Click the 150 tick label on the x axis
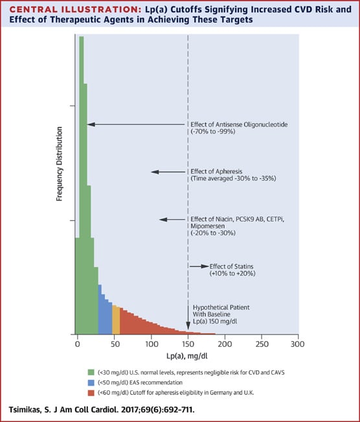tap(188, 344)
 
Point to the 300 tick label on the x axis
tap(297, 344)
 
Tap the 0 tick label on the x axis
tap(78, 344)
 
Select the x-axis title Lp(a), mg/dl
tap(187, 356)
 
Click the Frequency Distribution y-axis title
tap(59, 163)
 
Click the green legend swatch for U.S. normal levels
tap(91, 373)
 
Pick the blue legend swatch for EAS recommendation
tap(91, 382)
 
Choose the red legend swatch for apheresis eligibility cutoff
tap(91, 393)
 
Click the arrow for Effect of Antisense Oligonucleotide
tap(137, 124)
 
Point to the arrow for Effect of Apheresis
tap(168, 172)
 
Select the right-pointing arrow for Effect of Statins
tap(199, 266)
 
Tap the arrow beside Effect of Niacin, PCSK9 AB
tap(172, 219)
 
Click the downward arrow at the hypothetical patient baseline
tap(188, 318)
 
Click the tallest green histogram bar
tap(82, 185)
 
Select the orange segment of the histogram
tap(116, 320)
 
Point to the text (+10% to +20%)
tap(232, 274)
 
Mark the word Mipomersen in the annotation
tap(207, 226)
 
